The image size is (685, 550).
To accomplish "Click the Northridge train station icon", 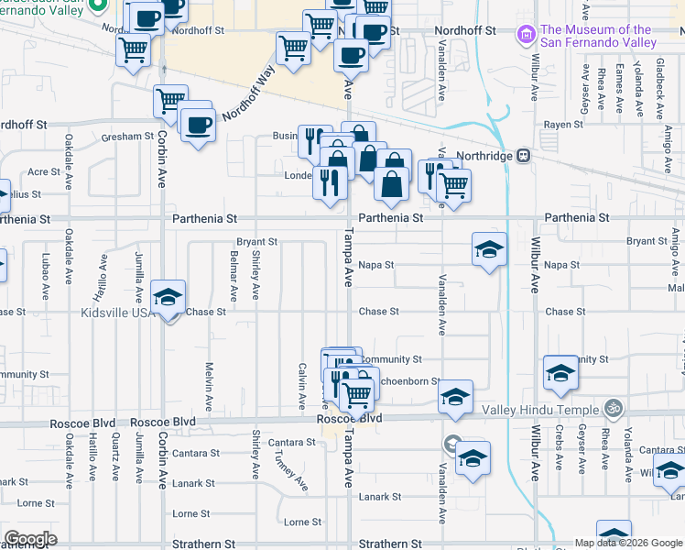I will [x=524, y=156].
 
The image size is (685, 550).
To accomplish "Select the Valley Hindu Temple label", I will [x=558, y=409].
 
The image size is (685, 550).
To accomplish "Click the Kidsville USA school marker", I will [x=168, y=297].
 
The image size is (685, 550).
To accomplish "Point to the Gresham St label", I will [x=127, y=136].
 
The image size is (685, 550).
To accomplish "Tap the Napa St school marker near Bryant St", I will [x=489, y=248].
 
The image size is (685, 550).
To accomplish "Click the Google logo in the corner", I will [x=30, y=539].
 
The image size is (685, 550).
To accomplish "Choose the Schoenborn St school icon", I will [x=455, y=397].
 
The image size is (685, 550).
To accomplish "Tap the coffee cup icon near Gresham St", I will [x=197, y=125].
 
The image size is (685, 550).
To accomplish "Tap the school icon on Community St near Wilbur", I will [x=560, y=373].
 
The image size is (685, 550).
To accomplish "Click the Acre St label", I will [x=44, y=171].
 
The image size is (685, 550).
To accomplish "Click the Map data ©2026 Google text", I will [x=626, y=543].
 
